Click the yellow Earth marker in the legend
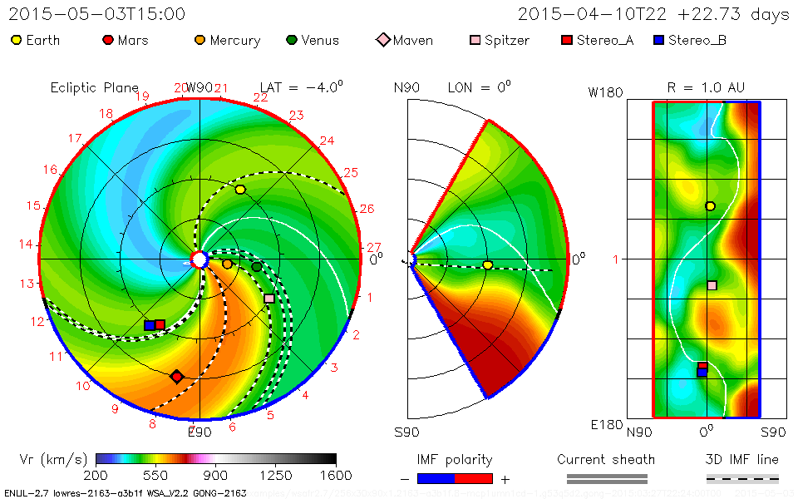tap(17, 40)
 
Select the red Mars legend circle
tap(107, 40)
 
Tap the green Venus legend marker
tap(291, 40)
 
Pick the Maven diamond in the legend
tap(383, 40)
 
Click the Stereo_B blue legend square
tap(658, 40)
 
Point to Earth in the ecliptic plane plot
tap(240, 190)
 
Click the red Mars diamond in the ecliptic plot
tap(176, 377)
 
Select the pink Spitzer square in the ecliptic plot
tap(269, 298)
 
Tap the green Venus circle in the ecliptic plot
tap(257, 267)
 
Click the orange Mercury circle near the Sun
tap(227, 264)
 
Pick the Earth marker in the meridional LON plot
tap(488, 265)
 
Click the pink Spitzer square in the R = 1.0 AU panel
tap(712, 285)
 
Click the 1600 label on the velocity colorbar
tap(335, 475)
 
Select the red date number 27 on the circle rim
tap(373, 247)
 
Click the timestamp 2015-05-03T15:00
tap(97, 14)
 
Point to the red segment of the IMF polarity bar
tap(474, 478)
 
